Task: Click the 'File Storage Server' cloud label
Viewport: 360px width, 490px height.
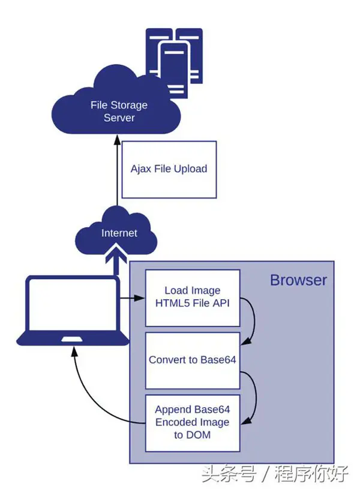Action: click(119, 111)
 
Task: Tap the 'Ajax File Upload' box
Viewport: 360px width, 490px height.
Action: click(169, 169)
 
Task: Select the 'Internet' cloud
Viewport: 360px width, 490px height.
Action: click(116, 232)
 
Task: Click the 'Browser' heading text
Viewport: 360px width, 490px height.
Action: click(298, 280)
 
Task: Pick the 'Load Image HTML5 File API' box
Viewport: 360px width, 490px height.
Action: click(193, 298)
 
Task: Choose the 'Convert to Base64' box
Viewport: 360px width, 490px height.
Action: click(193, 360)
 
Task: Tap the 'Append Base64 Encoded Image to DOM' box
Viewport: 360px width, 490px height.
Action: click(193, 423)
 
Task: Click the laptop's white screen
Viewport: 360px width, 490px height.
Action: click(73, 304)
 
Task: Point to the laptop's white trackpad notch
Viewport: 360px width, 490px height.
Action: click(72, 339)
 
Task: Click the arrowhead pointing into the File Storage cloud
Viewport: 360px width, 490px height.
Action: click(117, 139)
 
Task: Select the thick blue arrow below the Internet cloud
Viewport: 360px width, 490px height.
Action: click(116, 260)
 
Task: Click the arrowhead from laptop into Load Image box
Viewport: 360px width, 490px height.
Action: click(140, 298)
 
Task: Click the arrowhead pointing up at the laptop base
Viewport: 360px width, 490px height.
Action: click(74, 351)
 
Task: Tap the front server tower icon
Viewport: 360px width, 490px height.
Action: click(174, 69)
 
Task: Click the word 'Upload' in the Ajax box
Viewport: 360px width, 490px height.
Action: click(191, 169)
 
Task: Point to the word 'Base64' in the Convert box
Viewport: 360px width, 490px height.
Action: click(218, 360)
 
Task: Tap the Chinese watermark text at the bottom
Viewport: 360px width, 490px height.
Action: click(275, 473)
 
